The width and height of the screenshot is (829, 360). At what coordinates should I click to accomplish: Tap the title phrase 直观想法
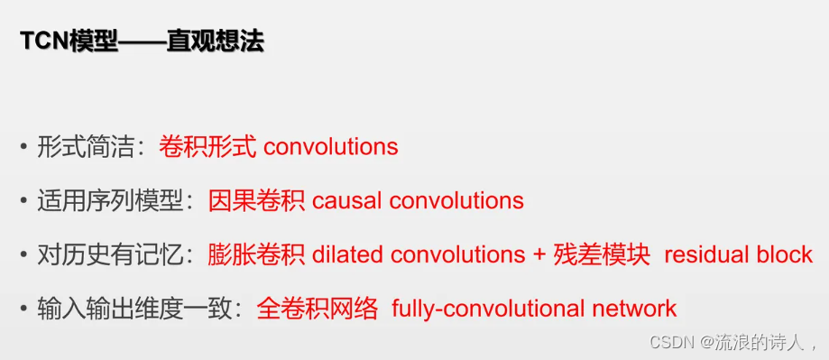(x=216, y=42)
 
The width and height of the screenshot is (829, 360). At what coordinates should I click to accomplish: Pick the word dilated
(x=345, y=254)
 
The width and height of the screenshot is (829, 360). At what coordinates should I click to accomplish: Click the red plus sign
(x=539, y=255)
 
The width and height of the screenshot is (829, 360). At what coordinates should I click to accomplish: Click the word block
(x=785, y=254)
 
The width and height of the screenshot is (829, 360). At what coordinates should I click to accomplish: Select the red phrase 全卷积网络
(x=318, y=309)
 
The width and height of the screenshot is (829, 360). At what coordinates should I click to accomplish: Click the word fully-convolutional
(x=487, y=309)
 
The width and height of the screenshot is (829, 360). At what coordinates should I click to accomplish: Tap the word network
(x=634, y=309)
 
